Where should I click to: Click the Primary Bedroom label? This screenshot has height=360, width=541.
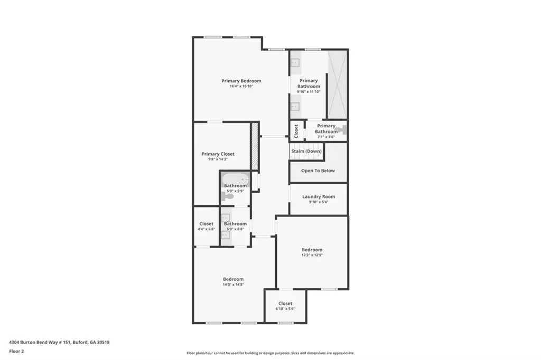click(241, 81)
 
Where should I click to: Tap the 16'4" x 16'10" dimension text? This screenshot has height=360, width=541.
click(241, 86)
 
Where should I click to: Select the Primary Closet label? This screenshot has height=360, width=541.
click(218, 154)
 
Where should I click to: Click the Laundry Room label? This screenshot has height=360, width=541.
click(319, 196)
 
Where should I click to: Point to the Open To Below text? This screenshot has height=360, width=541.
click(318, 170)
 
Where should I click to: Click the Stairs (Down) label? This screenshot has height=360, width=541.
click(306, 151)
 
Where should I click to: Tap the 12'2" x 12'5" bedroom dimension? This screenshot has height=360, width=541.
click(312, 255)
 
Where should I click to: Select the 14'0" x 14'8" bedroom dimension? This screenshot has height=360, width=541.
click(233, 285)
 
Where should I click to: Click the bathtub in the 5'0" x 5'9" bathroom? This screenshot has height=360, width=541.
click(235, 179)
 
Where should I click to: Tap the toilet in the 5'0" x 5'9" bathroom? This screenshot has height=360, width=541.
click(228, 197)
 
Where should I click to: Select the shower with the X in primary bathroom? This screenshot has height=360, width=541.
click(337, 84)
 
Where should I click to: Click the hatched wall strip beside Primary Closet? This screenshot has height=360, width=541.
click(255, 146)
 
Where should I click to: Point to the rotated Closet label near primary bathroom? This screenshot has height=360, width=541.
click(296, 131)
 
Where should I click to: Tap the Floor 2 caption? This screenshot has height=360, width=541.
click(16, 352)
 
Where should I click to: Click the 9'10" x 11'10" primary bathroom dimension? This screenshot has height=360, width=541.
click(309, 92)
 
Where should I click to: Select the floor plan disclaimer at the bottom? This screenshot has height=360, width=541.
click(270, 353)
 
